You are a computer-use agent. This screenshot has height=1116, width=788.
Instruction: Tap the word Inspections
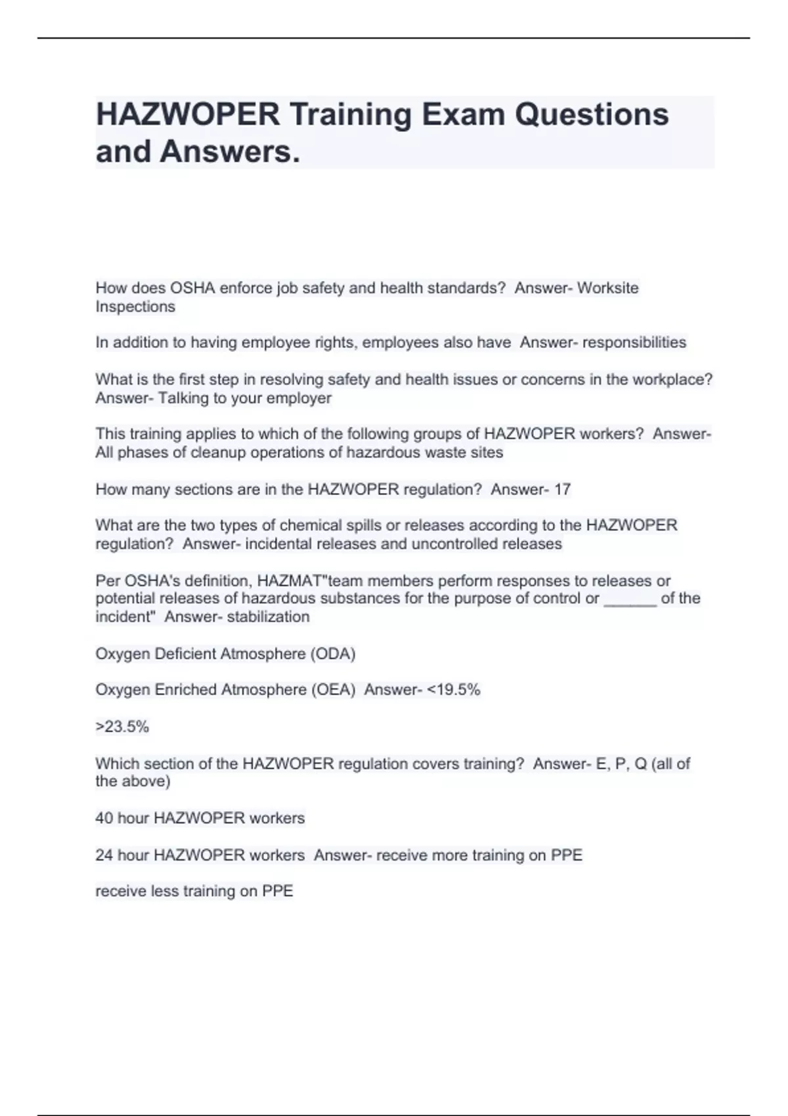[x=135, y=307]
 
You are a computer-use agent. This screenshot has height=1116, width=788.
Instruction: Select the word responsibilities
[x=634, y=342]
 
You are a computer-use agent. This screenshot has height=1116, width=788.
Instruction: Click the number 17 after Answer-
[x=562, y=489]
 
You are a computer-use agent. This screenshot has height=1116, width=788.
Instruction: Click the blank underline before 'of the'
[x=630, y=599]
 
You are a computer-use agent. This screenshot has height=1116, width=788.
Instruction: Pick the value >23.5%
[x=122, y=726]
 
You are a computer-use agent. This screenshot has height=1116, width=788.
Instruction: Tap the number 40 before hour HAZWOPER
[x=104, y=818]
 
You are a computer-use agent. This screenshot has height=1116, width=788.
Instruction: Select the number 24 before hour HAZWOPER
[x=104, y=855]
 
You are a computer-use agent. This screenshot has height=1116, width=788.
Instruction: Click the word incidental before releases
[x=278, y=544]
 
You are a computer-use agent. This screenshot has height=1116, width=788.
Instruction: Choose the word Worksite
[x=607, y=288]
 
